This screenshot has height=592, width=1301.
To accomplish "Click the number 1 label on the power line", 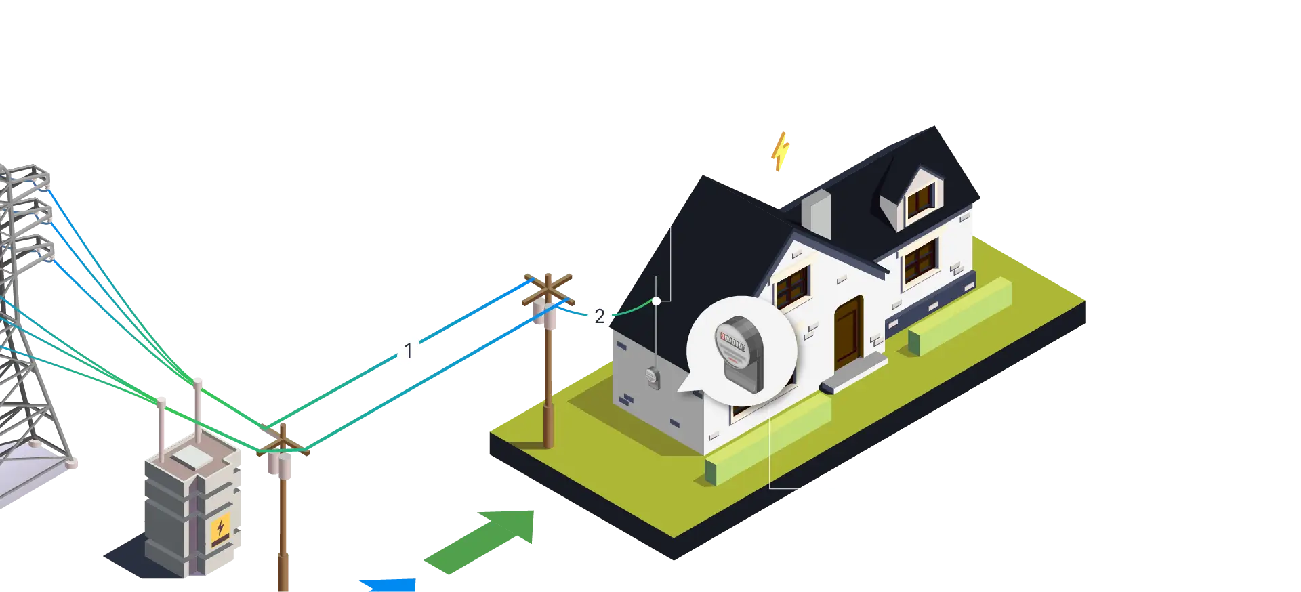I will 408,351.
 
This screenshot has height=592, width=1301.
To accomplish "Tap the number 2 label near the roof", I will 599,316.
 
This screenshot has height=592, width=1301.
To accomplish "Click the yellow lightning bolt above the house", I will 781,151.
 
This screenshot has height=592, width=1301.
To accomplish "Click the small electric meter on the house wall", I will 652,377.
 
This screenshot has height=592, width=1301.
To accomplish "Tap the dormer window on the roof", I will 920,200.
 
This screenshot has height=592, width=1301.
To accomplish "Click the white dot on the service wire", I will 656,301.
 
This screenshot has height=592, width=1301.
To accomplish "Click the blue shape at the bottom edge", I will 390,584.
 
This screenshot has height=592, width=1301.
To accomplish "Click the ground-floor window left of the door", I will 793,285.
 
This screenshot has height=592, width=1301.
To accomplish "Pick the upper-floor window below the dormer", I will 920,261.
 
